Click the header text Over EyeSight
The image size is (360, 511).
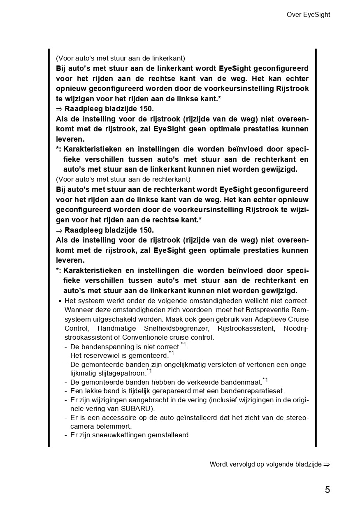point(308,15)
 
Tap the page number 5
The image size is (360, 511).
point(327,490)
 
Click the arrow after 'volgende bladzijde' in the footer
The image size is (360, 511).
point(327,464)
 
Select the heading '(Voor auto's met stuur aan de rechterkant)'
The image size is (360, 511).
point(123,180)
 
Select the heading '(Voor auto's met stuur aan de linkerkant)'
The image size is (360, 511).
point(121,58)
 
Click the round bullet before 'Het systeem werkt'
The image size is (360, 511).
point(60,301)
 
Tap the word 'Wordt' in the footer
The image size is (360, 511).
point(218,464)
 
